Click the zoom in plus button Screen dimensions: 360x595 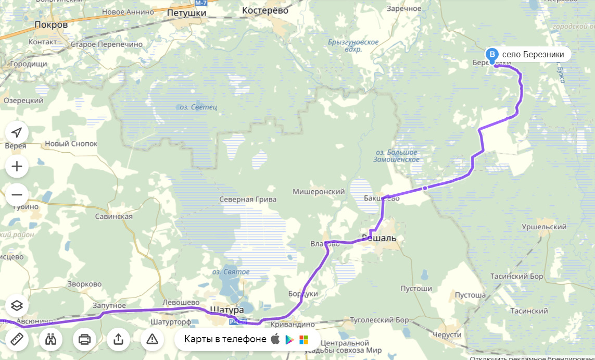coord(17,167)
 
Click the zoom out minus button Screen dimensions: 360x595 coord(17,195)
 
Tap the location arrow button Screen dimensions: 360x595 coord(17,132)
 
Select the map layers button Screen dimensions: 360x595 coord(17,305)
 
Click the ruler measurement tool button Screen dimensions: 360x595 coord(17,340)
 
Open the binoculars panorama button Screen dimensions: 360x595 coord(50,340)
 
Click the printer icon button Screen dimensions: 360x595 coord(84,340)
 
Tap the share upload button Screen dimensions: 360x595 coord(118,340)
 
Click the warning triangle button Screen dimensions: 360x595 coord(152,340)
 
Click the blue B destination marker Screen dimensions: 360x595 coord(492,54)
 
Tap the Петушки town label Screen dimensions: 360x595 coord(187,13)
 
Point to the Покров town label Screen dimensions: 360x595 coord(51,24)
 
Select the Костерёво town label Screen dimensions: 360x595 coord(265,10)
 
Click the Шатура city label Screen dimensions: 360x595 coord(226,310)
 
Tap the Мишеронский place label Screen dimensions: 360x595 coord(319,192)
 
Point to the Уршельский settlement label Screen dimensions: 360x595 coord(544,227)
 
